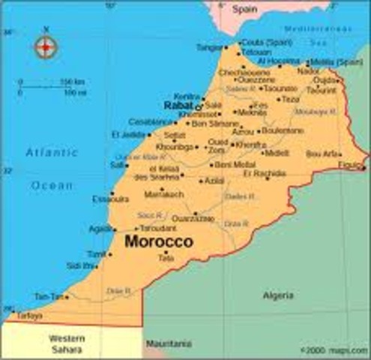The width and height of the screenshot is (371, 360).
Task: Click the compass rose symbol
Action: point(46,46)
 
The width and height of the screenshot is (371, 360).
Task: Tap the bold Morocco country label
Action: point(159,241)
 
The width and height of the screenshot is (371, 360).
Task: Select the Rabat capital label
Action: point(178,106)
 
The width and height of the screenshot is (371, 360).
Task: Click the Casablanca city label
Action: point(151,121)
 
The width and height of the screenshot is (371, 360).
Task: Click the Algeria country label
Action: point(278,295)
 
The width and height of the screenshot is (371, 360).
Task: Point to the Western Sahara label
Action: point(66,343)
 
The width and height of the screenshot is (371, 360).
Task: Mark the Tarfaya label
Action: point(29,316)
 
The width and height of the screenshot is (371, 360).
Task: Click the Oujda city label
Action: point(325,79)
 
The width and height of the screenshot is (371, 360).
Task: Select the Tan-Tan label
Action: point(46,297)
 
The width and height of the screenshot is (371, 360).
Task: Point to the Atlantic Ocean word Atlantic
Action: point(52,152)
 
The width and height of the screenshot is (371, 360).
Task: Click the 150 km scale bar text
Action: point(72,81)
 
